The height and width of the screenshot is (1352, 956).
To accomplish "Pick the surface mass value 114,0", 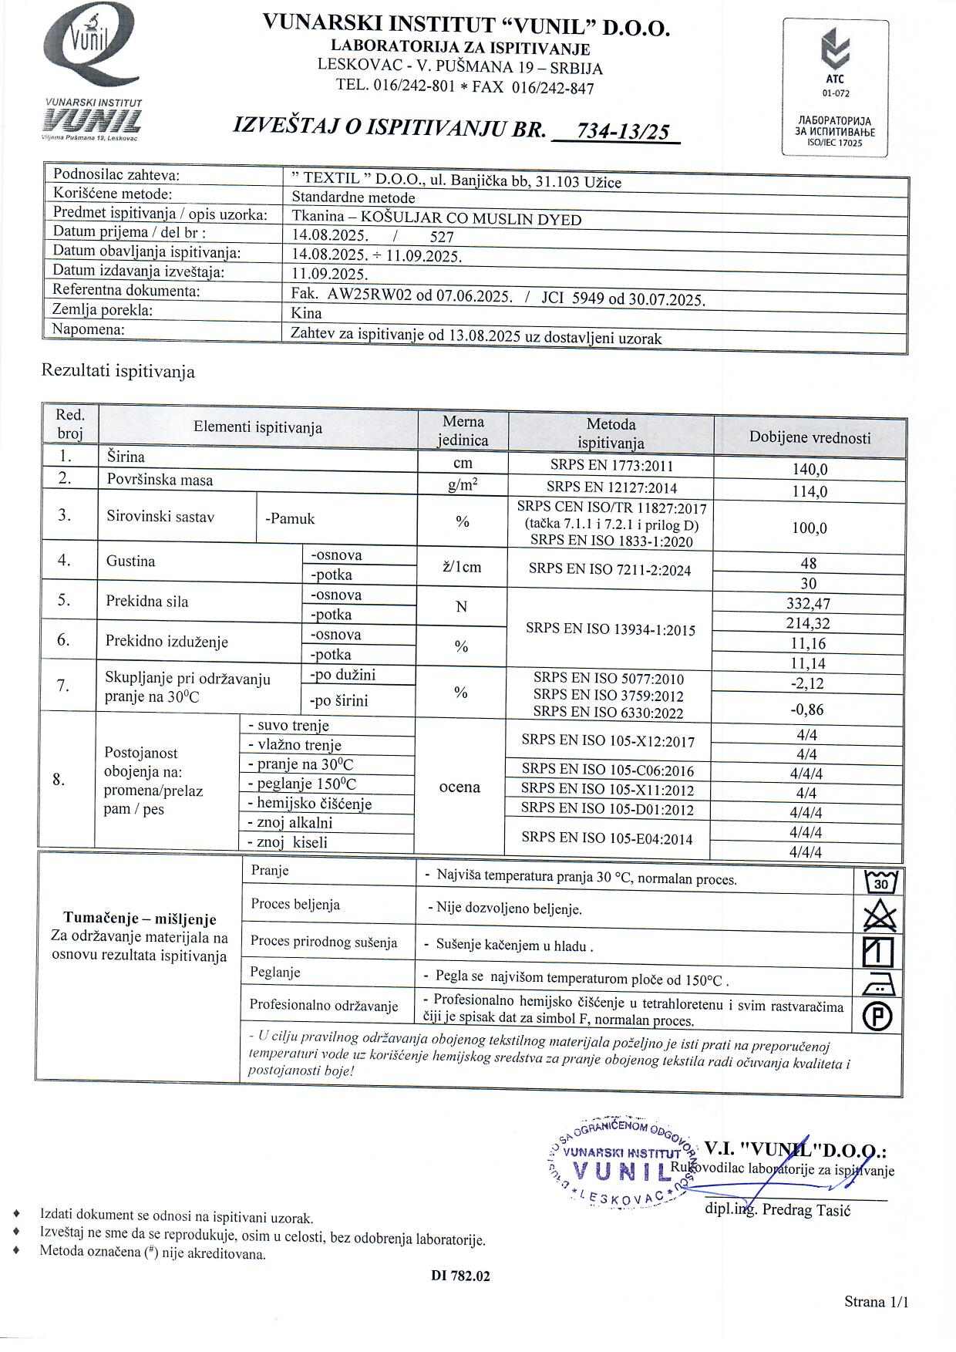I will pyautogui.click(x=810, y=491).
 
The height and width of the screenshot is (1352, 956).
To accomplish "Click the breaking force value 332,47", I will pyautogui.click(x=809, y=604).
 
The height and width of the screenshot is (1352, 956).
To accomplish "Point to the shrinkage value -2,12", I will pyautogui.click(x=808, y=683).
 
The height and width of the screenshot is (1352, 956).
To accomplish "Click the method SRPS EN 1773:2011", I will pyautogui.click(x=611, y=465).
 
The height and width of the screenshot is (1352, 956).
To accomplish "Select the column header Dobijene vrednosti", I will pyautogui.click(x=810, y=437).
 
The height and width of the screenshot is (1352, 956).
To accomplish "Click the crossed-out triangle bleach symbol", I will pyautogui.click(x=880, y=916).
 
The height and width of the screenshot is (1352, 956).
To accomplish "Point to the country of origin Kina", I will pyautogui.click(x=307, y=313).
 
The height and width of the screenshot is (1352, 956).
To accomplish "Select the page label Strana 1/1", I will pyautogui.click(x=877, y=1302).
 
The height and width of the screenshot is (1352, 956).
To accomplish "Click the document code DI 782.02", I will pyautogui.click(x=460, y=1276).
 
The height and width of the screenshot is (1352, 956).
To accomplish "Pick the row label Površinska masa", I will pyautogui.click(x=160, y=480).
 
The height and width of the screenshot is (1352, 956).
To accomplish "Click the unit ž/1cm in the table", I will pyautogui.click(x=462, y=567).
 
